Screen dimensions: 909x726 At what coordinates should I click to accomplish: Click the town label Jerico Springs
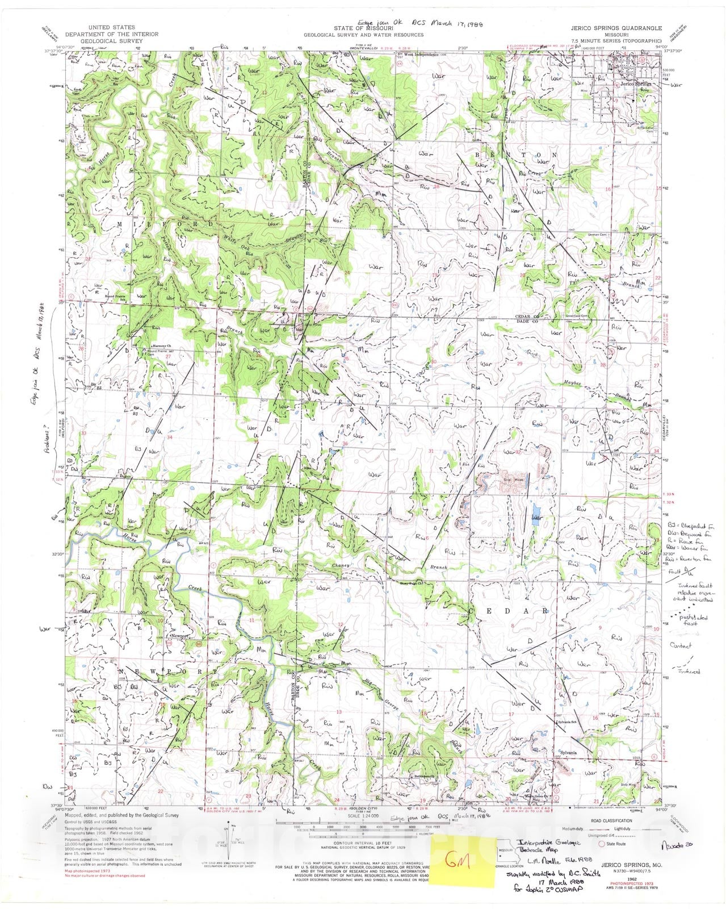(635, 84)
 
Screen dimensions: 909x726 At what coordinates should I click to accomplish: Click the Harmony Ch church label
(162, 346)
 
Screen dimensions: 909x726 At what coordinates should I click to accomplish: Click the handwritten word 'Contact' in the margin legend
(681, 646)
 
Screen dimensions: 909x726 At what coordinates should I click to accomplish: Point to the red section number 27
(656, 365)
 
